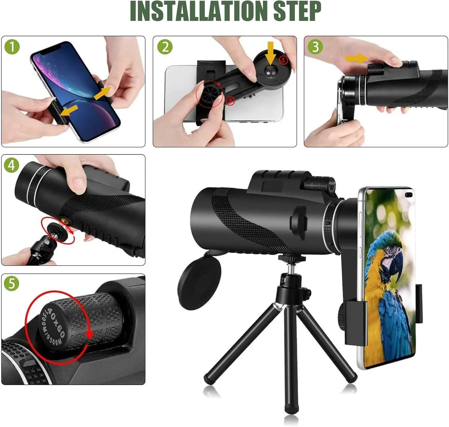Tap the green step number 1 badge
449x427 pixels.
(x=12, y=47)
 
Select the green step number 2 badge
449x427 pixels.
(x=165, y=47)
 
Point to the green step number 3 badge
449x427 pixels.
(x=315, y=47)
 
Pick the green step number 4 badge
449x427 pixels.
(x=12, y=165)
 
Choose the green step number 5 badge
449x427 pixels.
(x=12, y=283)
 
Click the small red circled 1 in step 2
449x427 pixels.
(x=283, y=60)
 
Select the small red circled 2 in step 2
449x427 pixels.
(x=230, y=101)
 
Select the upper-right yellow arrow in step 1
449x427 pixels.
(x=102, y=93)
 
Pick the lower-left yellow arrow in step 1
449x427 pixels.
(x=69, y=110)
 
